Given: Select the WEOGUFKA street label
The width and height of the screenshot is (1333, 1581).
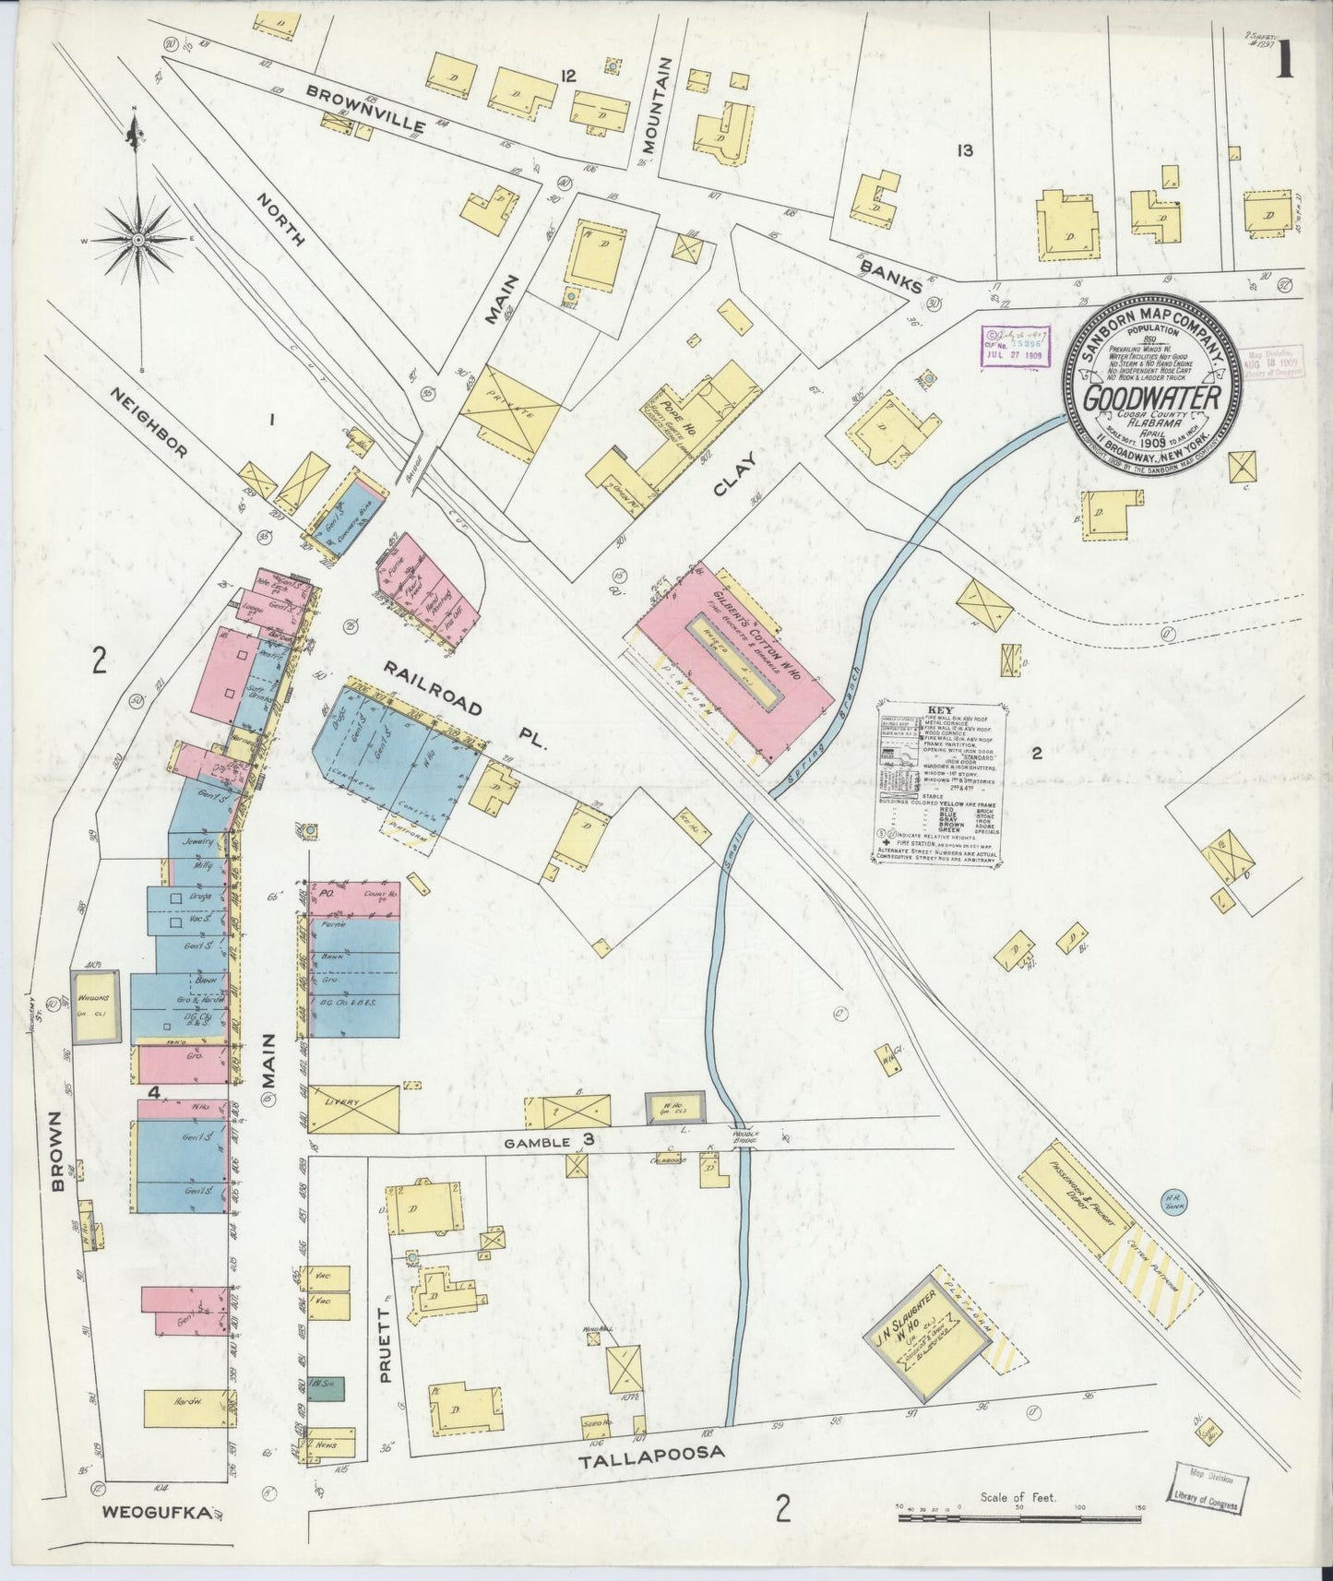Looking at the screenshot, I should pyautogui.click(x=158, y=1513).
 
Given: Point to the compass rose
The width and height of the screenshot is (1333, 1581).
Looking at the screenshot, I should pyautogui.click(x=137, y=240).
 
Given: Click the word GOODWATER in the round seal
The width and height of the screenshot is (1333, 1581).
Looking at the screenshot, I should pyautogui.click(x=1152, y=398).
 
